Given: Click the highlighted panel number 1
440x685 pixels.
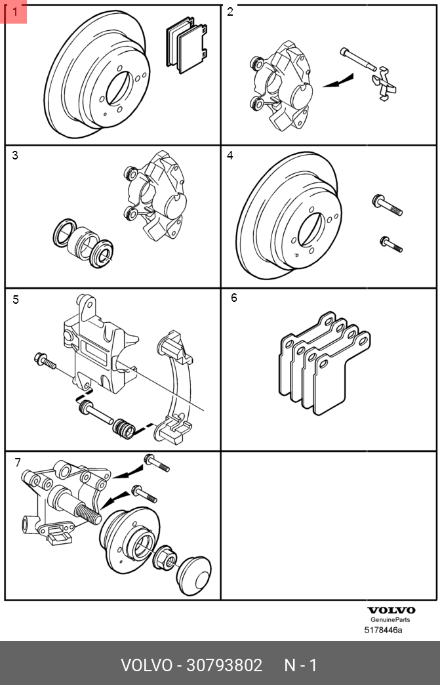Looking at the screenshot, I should pos(14,12).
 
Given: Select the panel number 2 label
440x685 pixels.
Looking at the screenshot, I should pos(230,12).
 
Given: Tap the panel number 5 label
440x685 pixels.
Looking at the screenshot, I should pos(16,300).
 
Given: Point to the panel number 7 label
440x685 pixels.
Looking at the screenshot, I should pos(18,463).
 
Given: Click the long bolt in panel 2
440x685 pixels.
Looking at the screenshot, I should pos(357,60).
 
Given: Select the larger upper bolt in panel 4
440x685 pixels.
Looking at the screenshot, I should pos(386,205).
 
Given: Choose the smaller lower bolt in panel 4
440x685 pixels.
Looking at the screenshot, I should pos(390,244).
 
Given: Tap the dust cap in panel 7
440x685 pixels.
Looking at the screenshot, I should pos(195,575).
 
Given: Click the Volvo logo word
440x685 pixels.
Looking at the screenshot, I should pos(391,610).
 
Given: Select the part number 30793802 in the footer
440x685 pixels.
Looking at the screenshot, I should pos(224,665).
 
